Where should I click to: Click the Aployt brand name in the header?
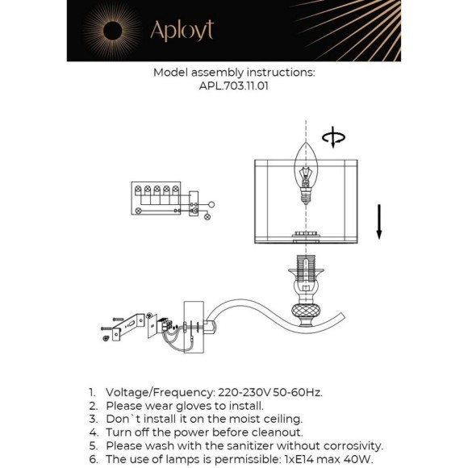182,31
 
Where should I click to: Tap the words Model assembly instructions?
234,72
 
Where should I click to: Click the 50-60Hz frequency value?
300,392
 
